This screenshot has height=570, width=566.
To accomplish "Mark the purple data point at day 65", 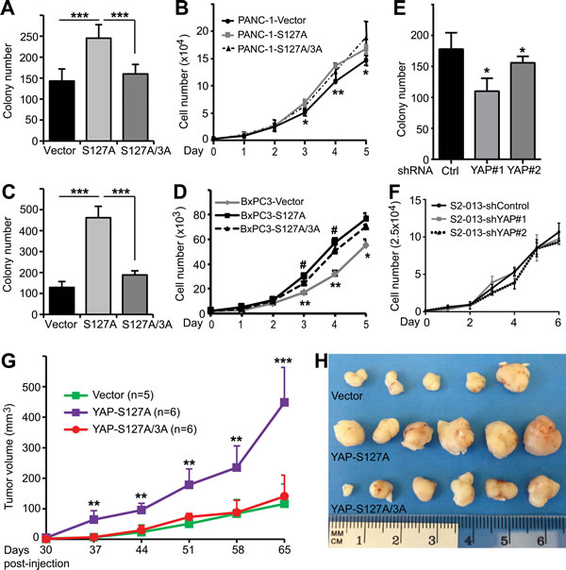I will (282, 427).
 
